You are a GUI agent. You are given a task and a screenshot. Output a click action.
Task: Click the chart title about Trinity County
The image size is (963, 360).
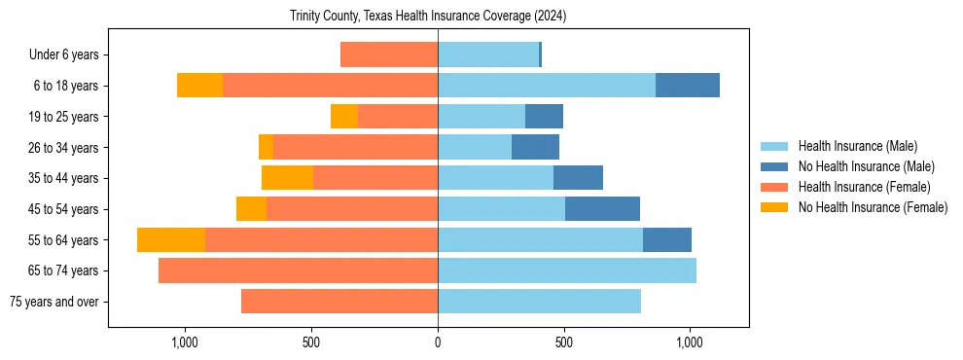tap(428, 17)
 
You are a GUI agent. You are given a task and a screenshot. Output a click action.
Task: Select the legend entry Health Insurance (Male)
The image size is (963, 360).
tap(857, 146)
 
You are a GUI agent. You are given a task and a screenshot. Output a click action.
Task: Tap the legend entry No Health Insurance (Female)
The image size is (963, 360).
tap(873, 207)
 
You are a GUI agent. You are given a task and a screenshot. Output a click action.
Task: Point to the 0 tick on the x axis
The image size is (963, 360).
tap(438, 342)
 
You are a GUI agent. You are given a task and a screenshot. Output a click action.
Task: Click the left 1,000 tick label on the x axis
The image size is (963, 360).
tap(185, 342)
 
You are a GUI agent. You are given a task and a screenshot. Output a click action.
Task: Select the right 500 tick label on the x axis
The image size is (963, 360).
tap(563, 342)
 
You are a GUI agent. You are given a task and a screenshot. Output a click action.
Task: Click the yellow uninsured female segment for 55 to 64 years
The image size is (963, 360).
tap(171, 240)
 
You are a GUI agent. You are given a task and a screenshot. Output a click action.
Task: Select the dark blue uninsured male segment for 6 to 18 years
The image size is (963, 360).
tap(688, 86)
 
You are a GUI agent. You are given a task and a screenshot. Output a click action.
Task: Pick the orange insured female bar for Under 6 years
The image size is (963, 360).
tap(389, 55)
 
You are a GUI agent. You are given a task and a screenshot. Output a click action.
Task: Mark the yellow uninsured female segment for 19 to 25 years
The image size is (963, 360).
tap(344, 117)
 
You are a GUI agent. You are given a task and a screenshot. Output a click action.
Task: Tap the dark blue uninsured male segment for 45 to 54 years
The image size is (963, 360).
tap(602, 209)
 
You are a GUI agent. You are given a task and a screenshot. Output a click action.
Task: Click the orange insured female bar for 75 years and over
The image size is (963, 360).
tap(339, 302)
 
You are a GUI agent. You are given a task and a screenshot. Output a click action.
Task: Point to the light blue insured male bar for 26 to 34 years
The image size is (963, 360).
tap(475, 147)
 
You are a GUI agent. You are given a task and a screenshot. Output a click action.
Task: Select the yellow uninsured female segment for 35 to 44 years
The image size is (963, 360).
tap(287, 178)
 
